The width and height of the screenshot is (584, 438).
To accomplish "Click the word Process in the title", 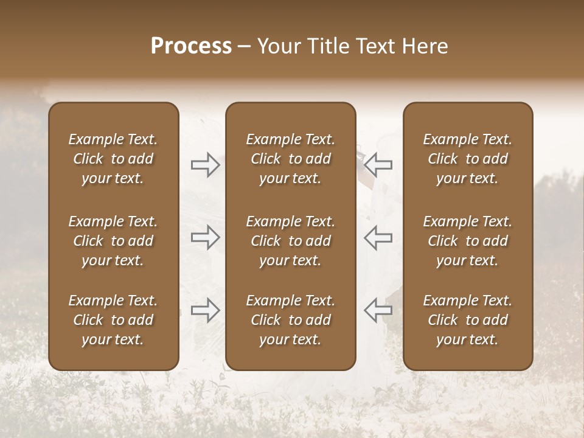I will [191, 46].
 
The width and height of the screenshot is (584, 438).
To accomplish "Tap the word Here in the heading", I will [424, 46].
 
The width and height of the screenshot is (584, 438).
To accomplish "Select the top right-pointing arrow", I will [206, 165].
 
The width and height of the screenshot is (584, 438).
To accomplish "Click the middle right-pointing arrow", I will [206, 237].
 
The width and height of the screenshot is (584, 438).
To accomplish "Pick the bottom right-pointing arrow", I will [206, 310].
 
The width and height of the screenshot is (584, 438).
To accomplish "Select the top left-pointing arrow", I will [378, 165].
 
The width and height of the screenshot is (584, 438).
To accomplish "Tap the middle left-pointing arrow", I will [378, 237].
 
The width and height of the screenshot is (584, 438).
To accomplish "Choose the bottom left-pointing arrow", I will [378, 310].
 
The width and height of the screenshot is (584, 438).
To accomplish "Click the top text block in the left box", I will [113, 159].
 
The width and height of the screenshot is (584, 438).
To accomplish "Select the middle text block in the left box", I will [113, 241].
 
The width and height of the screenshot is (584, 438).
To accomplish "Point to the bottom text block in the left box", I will [113, 320].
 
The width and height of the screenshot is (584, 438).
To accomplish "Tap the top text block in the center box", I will [290, 159].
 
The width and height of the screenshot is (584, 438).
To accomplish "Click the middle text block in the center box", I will [290, 241].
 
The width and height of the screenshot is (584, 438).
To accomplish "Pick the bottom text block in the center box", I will [290, 320].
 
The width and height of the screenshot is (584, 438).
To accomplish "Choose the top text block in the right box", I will [467, 159].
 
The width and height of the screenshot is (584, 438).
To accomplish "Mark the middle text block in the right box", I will [467, 241].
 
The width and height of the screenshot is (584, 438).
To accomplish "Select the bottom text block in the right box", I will [467, 320].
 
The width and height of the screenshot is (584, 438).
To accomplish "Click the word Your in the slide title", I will [277, 46].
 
